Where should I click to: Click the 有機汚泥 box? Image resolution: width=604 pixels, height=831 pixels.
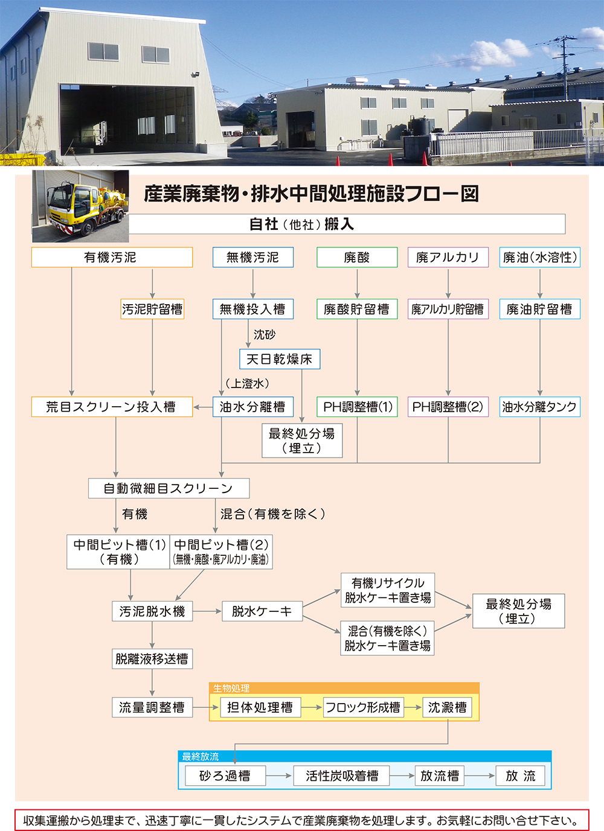tap(112, 257)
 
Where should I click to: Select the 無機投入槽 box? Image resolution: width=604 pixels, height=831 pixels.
tap(252, 309)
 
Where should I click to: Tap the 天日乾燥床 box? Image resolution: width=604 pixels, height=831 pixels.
tap(280, 359)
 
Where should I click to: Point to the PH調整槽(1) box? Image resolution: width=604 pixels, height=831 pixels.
tap(357, 407)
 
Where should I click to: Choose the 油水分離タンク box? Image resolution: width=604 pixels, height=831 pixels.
tap(539, 407)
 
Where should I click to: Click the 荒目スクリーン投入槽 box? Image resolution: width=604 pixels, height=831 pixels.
tap(112, 407)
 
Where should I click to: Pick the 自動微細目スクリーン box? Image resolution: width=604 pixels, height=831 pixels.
tap(169, 488)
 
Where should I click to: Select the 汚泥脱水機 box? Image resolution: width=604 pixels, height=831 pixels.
tap(152, 611)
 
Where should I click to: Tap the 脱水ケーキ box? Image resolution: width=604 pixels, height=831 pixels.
tap(262, 611)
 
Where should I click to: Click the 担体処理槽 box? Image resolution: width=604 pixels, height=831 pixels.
tap(260, 707)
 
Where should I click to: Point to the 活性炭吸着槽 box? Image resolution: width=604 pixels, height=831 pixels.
tap(341, 775)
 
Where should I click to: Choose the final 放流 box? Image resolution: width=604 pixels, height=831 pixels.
tap(520, 775)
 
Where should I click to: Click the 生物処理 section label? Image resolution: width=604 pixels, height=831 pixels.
tap(231, 688)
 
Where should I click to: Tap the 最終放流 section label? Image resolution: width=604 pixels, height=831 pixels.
tap(201, 756)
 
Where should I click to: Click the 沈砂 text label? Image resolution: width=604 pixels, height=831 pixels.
tap(265, 334)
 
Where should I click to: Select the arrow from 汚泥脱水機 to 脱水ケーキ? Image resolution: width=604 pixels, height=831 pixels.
tap(207, 611)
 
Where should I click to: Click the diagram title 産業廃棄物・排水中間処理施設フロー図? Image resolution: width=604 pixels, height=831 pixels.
tap(311, 194)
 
